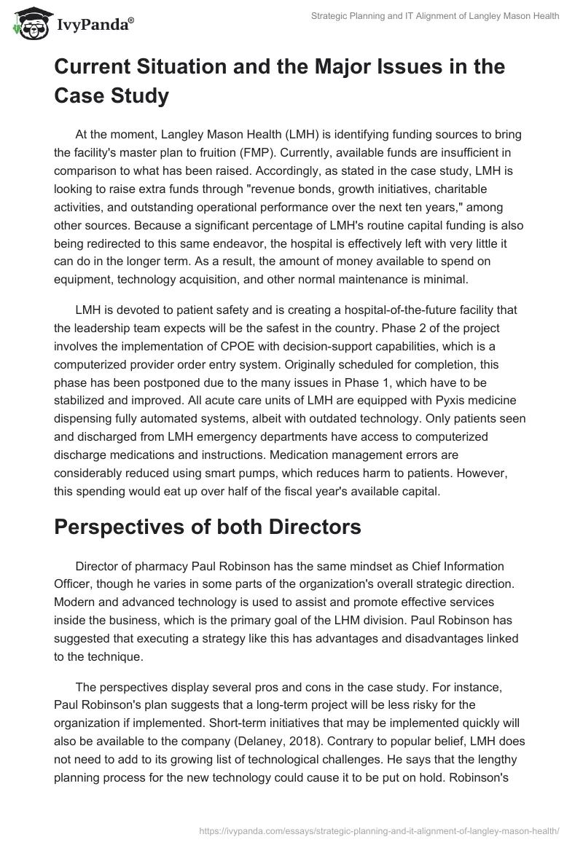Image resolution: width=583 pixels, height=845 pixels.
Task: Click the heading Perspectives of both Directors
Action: [208, 527]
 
